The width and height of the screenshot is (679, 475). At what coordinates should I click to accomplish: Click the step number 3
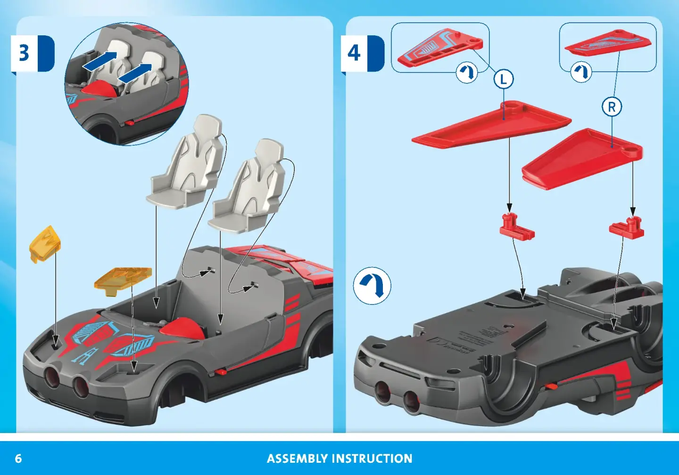[24, 53]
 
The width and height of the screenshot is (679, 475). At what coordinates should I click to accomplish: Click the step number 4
[354, 53]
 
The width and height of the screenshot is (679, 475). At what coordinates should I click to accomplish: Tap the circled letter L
[504, 79]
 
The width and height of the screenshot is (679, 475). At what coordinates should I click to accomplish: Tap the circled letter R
[612, 106]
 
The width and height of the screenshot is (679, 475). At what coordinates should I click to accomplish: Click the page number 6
[18, 459]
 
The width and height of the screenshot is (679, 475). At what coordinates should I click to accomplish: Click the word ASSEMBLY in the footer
[298, 459]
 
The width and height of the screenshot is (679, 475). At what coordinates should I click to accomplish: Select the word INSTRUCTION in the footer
[372, 459]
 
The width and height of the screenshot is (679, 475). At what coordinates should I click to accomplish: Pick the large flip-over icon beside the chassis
[372, 286]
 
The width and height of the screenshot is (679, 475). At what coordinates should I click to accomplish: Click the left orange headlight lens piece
[45, 244]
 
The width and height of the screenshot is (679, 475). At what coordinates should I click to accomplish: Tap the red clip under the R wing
[627, 228]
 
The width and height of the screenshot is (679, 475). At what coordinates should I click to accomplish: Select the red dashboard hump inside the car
[182, 328]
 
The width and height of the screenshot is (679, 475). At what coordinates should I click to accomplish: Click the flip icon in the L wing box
[467, 73]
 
